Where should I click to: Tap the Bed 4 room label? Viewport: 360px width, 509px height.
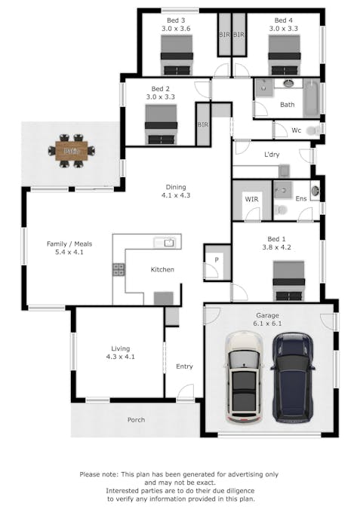pos(283,24)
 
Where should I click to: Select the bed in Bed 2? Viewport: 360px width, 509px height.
pos(161,124)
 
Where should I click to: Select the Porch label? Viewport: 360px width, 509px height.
pos(136,420)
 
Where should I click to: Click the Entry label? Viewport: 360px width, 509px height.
pos(184,366)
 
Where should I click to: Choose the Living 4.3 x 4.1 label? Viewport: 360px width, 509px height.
pos(118,352)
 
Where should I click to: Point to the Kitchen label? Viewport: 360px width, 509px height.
pos(162,269)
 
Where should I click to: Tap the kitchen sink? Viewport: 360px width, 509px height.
pos(166,243)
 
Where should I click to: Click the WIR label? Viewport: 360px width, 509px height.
pos(251,199)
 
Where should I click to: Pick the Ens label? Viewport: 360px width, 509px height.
pos(300,199)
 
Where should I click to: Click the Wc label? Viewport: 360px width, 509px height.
pos(297,130)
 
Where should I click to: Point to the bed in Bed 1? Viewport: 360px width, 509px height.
pos(288,281)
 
